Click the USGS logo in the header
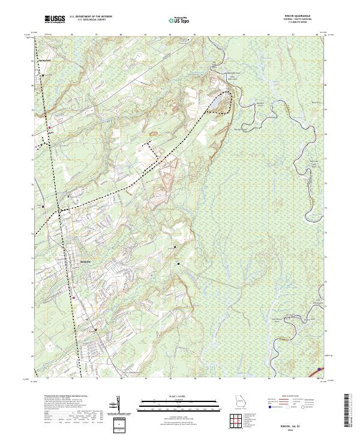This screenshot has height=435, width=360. (55, 19)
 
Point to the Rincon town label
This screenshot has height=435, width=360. (85, 262)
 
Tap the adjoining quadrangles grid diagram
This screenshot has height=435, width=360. (242, 423)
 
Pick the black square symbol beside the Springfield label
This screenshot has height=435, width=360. (43, 74)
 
